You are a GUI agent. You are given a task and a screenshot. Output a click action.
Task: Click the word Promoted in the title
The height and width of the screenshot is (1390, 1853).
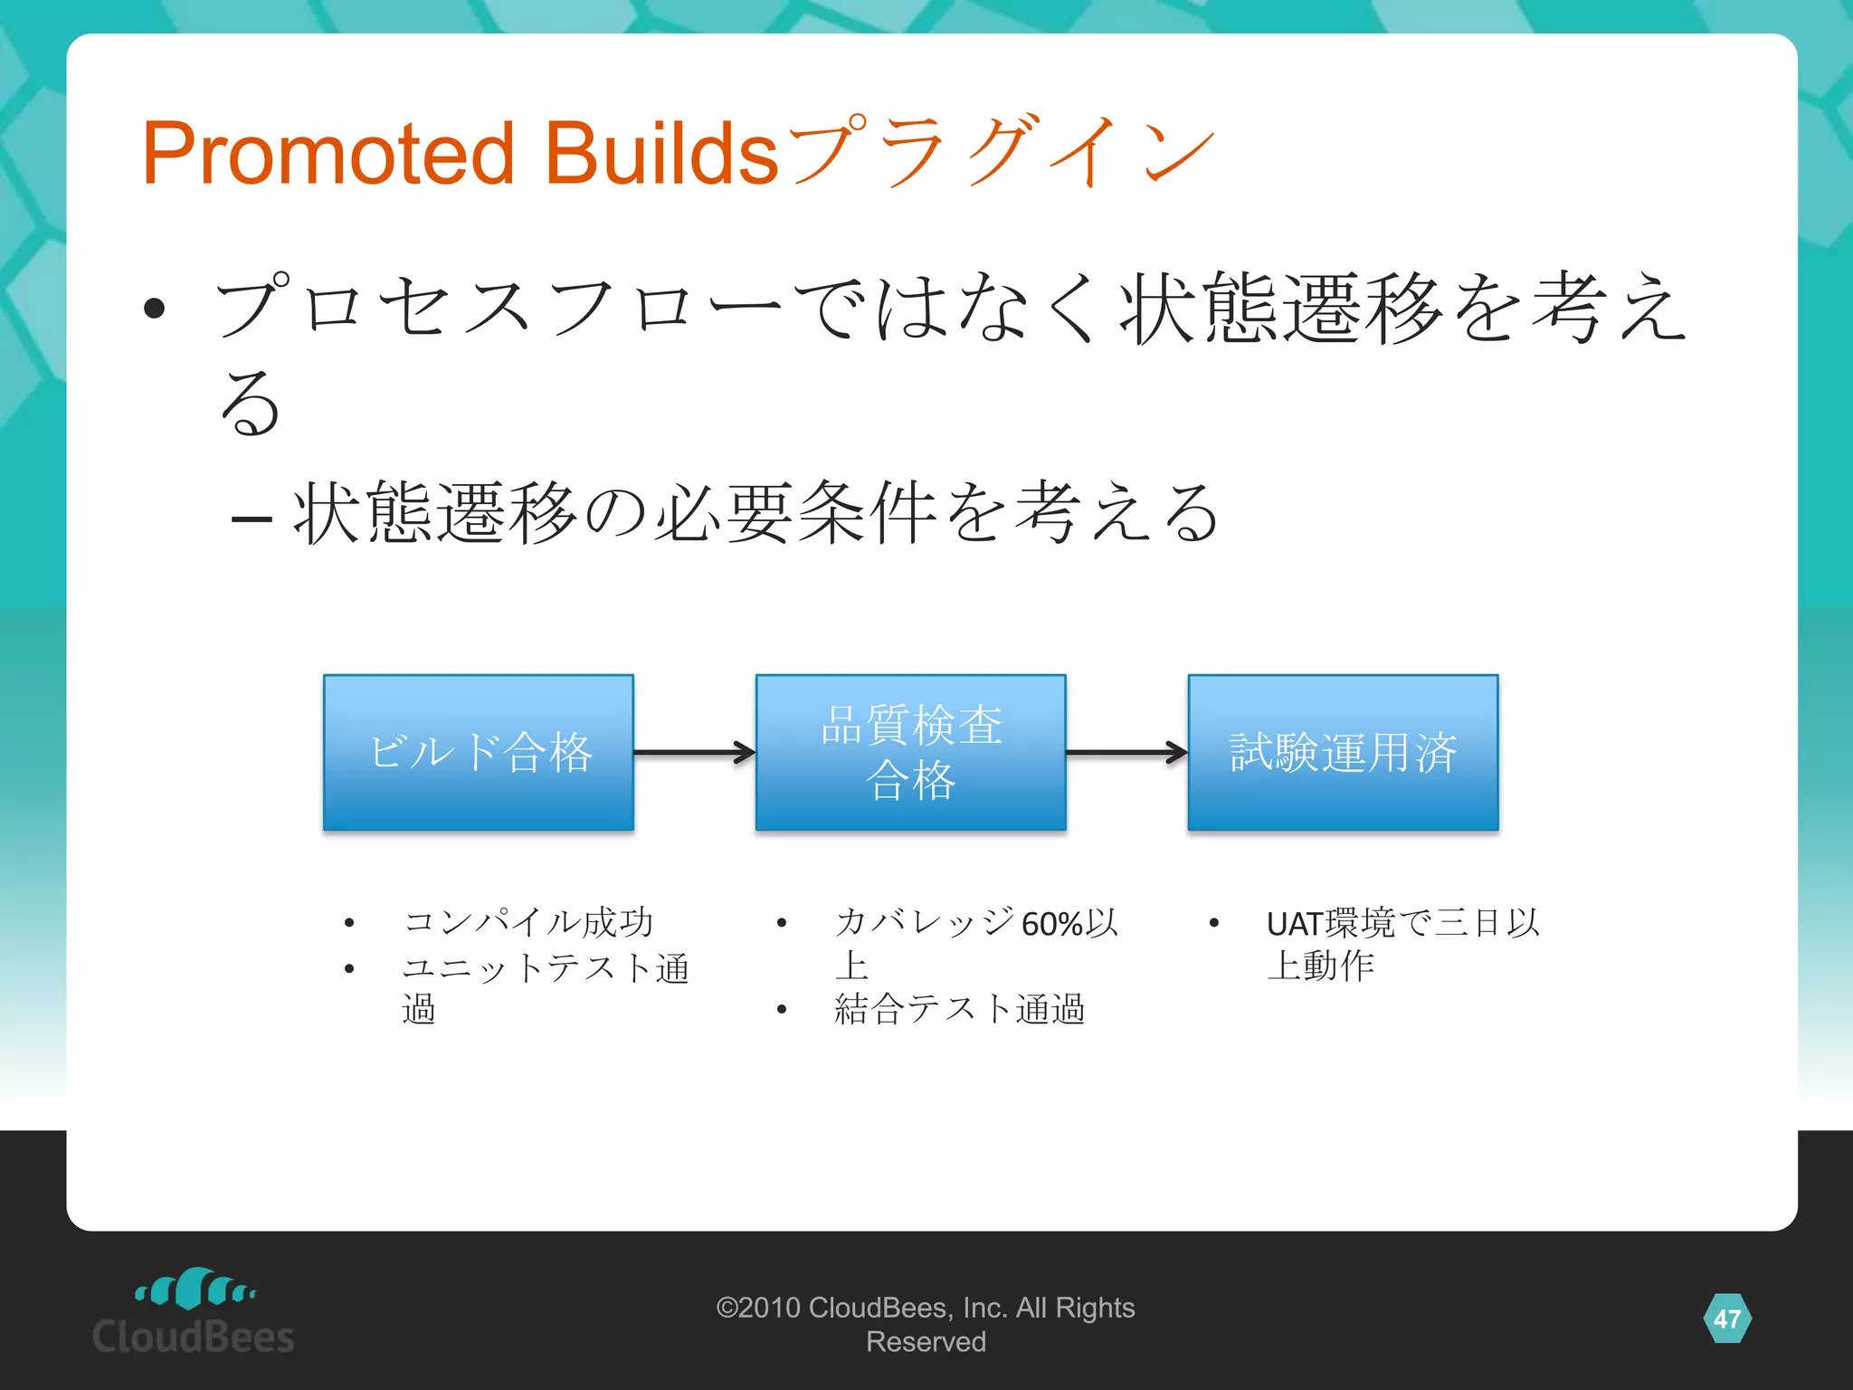[x=328, y=154]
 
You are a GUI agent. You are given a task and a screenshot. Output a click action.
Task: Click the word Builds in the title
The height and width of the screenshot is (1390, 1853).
[x=660, y=154]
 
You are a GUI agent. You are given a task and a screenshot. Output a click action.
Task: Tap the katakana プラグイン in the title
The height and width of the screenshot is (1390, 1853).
[x=1000, y=152]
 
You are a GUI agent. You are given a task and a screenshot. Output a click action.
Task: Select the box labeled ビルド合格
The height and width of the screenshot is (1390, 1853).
[x=479, y=752]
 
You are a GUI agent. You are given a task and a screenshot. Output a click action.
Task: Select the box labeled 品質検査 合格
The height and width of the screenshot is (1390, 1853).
[x=910, y=752]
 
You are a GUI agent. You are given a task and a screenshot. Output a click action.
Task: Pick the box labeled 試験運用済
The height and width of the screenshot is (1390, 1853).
[x=1343, y=752]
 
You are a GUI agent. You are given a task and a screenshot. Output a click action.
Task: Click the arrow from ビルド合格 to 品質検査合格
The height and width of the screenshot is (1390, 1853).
[x=694, y=752]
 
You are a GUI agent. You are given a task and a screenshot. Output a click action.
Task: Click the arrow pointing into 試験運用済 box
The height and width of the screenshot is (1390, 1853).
[x=1126, y=752]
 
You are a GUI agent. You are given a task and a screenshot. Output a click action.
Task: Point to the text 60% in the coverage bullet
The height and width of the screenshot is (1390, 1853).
[x=1052, y=924]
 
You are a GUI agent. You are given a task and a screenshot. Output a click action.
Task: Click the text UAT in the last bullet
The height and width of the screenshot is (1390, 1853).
[x=1294, y=924]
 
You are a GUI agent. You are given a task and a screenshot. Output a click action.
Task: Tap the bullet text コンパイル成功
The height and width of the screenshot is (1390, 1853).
[x=528, y=922]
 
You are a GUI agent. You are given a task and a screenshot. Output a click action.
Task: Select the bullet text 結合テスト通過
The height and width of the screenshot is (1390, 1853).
[x=959, y=1009]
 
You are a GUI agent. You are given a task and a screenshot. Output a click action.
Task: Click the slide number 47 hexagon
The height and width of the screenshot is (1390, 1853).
[x=1726, y=1319]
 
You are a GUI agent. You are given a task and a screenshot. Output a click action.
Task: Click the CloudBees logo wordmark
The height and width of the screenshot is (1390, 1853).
[x=193, y=1338]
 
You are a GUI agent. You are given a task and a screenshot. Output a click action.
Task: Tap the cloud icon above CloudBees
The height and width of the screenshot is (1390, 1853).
[x=195, y=1289]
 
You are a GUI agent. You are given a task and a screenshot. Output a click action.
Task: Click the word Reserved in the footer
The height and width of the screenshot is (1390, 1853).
[x=926, y=1342]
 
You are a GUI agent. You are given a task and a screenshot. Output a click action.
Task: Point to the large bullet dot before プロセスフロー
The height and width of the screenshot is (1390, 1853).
[x=155, y=309]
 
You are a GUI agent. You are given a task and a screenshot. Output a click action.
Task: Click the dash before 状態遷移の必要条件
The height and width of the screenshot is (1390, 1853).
[x=252, y=519]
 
